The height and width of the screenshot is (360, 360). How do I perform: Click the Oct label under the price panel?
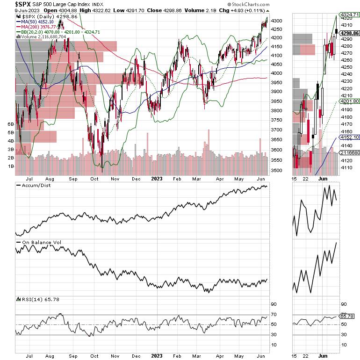point(94,178)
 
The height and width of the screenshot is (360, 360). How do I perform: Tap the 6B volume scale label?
point(10,124)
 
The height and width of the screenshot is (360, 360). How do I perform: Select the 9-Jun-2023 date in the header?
point(15,11)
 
